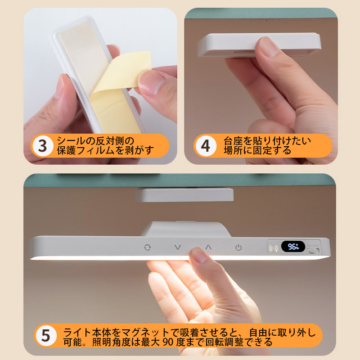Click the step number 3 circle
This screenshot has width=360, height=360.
click(42, 146)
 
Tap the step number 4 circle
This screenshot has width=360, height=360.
click(205, 146)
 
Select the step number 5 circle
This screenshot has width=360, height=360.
click(45, 335)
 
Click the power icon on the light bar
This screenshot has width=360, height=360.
click(238, 247)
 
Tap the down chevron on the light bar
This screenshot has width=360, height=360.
click(177, 247)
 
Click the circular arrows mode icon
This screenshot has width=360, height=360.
click(148, 247)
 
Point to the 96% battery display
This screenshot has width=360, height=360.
click(293, 247)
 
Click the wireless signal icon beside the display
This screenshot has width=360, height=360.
click(274, 248)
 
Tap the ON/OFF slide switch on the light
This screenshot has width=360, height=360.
click(313, 251)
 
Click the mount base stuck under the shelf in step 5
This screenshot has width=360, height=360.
click(184, 194)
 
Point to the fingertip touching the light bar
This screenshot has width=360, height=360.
click(198, 254)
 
